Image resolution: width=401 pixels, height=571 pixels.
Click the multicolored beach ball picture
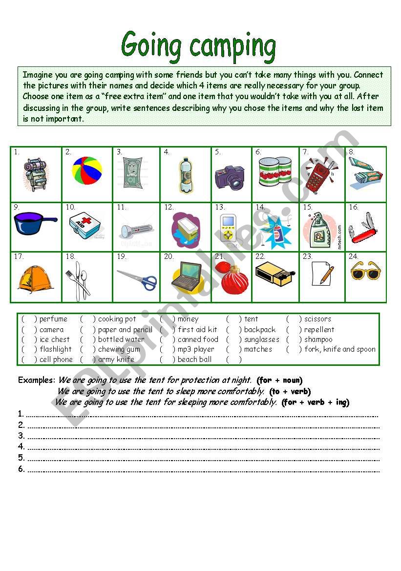coord(87,171)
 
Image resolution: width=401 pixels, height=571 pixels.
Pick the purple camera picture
coord(230,177)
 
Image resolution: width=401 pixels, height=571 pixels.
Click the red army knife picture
coord(365,230)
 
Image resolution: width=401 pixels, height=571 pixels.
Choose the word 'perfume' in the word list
coord(53,319)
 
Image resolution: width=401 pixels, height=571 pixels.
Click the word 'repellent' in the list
coord(319,330)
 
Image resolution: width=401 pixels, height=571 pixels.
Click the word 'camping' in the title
coord(232,47)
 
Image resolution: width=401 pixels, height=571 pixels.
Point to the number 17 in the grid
coord(19,256)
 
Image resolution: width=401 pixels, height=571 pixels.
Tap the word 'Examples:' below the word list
coord(37,380)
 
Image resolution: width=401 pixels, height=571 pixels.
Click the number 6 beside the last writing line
coord(21,469)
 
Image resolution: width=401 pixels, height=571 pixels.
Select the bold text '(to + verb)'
coord(290,391)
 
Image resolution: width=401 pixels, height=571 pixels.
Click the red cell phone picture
coord(317,176)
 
